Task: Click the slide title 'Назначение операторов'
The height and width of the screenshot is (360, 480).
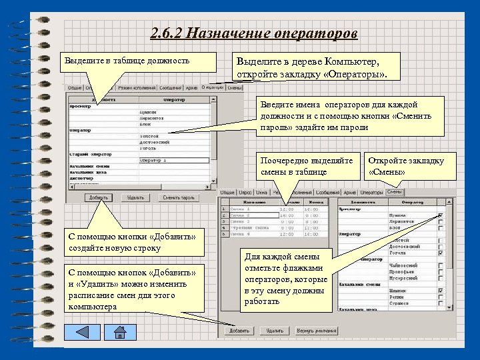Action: point(254,33)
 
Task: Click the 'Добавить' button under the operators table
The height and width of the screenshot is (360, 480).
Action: point(99,197)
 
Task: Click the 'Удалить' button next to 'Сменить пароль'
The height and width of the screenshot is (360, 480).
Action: point(136,197)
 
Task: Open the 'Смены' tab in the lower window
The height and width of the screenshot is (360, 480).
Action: point(394,192)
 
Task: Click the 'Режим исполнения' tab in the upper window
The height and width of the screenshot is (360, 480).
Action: point(136,87)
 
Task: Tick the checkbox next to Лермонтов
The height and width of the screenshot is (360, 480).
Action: point(441,221)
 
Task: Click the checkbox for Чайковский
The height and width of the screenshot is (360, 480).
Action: point(441,265)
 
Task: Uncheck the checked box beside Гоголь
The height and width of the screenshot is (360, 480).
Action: point(441,253)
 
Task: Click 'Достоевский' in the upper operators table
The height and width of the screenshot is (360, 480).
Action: point(155,142)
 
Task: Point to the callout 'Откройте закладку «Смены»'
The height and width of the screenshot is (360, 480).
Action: point(407,166)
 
